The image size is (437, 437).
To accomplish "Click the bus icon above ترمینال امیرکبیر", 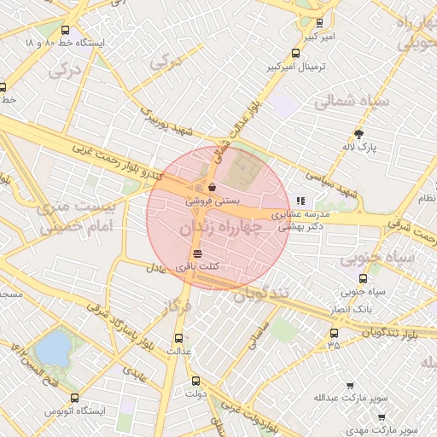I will pos(295,51).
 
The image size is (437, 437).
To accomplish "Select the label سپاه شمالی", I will pos(351,102).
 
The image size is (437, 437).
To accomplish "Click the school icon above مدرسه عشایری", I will pos(299,201).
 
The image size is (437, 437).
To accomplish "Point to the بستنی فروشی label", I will pos(214,201).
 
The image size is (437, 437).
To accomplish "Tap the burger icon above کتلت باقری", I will pos(198,253).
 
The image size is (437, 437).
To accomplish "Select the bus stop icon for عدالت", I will pos(178,336).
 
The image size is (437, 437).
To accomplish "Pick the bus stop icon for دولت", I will pos(195,381).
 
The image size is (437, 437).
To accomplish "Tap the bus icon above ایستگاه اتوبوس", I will pos(75,398).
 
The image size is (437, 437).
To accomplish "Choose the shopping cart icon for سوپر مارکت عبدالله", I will pos(350,384).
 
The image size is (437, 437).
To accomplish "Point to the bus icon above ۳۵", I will pos(333,334).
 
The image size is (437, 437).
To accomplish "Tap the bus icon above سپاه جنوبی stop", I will pos(364,277).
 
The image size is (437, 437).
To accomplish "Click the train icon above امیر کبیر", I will pos(319,23).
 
